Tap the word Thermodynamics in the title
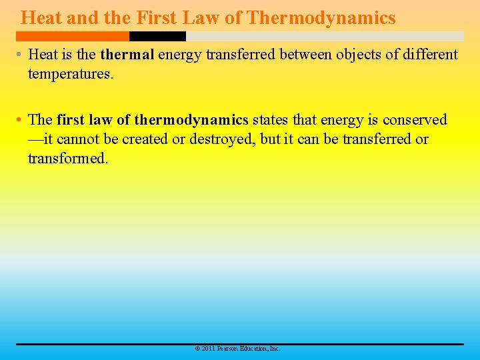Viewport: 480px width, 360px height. tap(321, 18)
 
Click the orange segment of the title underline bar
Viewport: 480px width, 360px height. tap(73, 36)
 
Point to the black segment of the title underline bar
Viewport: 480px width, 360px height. tap(157, 36)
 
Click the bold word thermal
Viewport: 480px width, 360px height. tap(127, 55)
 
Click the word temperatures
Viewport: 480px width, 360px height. tap(70, 74)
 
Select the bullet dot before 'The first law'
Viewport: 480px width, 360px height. tap(20, 120)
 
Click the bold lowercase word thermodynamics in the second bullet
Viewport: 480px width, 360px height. tap(191, 120)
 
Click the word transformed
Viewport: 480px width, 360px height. tap(67, 159)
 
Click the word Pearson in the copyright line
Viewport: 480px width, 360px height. tap(229, 349)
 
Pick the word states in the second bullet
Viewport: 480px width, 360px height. tap(270, 120)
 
